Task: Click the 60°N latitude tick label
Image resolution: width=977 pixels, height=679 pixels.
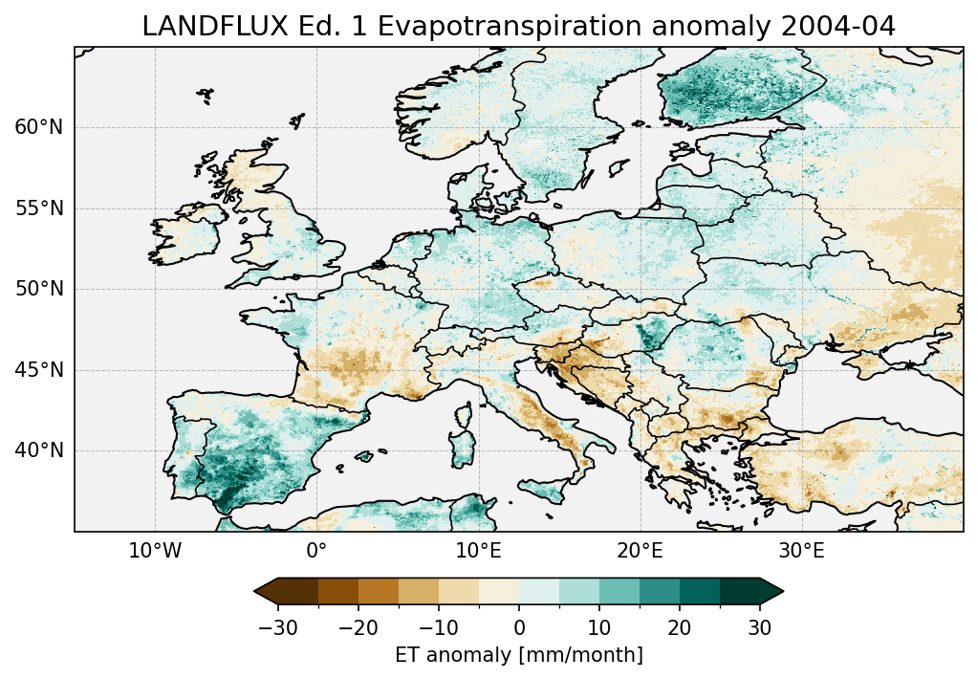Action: [x=38, y=127]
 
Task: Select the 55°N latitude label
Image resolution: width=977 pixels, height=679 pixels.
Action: [x=38, y=208]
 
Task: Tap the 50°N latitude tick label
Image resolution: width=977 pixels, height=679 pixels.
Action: [x=38, y=289]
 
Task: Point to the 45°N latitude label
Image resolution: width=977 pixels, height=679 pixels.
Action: [x=38, y=370]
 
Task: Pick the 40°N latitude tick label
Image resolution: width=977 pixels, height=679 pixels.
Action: [x=38, y=450]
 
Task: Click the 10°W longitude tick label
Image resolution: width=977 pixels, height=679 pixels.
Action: [x=155, y=552]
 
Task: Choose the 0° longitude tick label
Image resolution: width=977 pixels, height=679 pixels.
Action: [x=316, y=552]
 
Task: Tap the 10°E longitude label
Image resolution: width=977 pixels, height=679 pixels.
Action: [x=478, y=552]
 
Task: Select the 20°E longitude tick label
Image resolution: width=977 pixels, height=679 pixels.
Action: [x=640, y=552]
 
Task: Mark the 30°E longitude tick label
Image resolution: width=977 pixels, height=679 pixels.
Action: [x=801, y=552]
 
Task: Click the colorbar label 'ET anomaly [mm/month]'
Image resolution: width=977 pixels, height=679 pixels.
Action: [x=518, y=655]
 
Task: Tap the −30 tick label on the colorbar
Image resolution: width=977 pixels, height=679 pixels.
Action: [x=278, y=627]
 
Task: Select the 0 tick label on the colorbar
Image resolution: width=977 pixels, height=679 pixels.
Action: [x=519, y=627]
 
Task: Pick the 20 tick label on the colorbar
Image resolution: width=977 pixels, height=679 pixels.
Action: [x=680, y=627]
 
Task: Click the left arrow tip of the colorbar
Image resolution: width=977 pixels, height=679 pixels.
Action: [x=256, y=592]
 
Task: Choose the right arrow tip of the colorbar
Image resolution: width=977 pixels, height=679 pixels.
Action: [x=782, y=592]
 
